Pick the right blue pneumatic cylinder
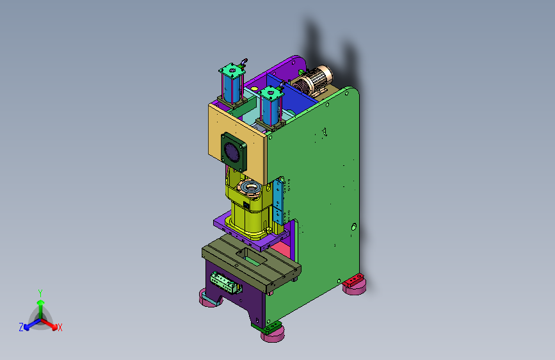pos(270,106)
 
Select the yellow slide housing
pos(250,206)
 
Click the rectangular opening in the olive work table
pos(251,257)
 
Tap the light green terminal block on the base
pos(226,282)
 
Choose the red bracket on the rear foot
pos(353,281)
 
